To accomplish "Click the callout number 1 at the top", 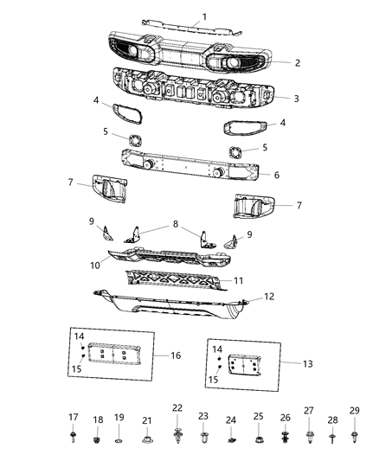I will [x=205, y=16].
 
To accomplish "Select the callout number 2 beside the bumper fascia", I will [x=297, y=62].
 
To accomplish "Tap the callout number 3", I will [x=296, y=98].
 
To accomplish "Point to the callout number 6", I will [x=276, y=174].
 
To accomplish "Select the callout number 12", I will [x=269, y=297].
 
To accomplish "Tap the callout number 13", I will [x=285, y=363].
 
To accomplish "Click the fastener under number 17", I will [x=72, y=437].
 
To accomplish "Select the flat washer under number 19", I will [x=119, y=442].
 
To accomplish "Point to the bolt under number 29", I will [x=355, y=436].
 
